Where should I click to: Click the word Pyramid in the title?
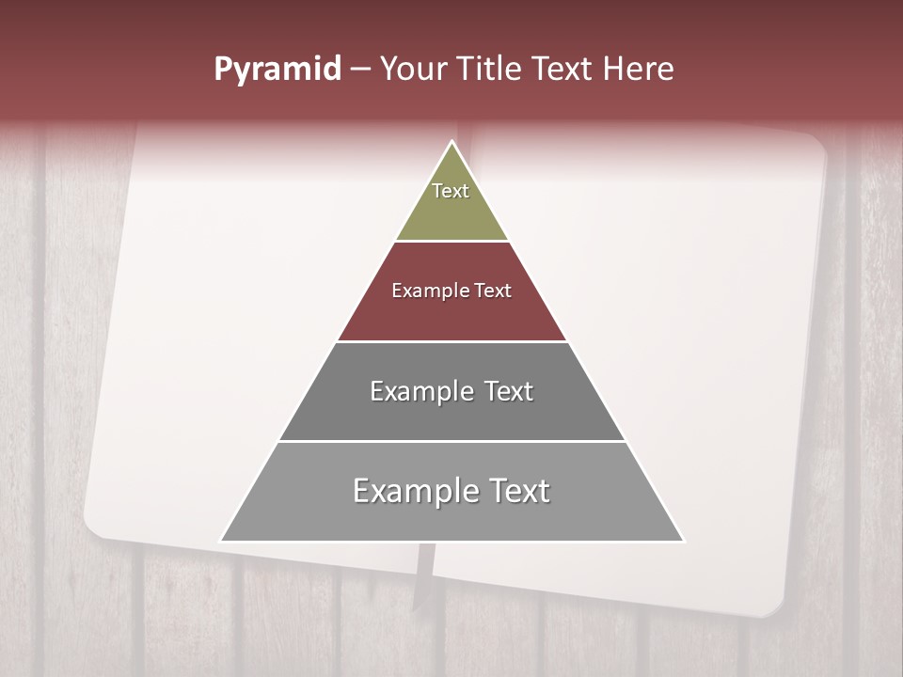277,70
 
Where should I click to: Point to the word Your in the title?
413,70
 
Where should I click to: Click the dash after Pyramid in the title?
360,70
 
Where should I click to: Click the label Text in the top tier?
451,191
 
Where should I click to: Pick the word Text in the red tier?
494,291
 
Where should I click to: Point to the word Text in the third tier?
508,391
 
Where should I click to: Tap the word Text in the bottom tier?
518,491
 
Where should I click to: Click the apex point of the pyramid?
451,142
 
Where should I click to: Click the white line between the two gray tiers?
451,441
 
